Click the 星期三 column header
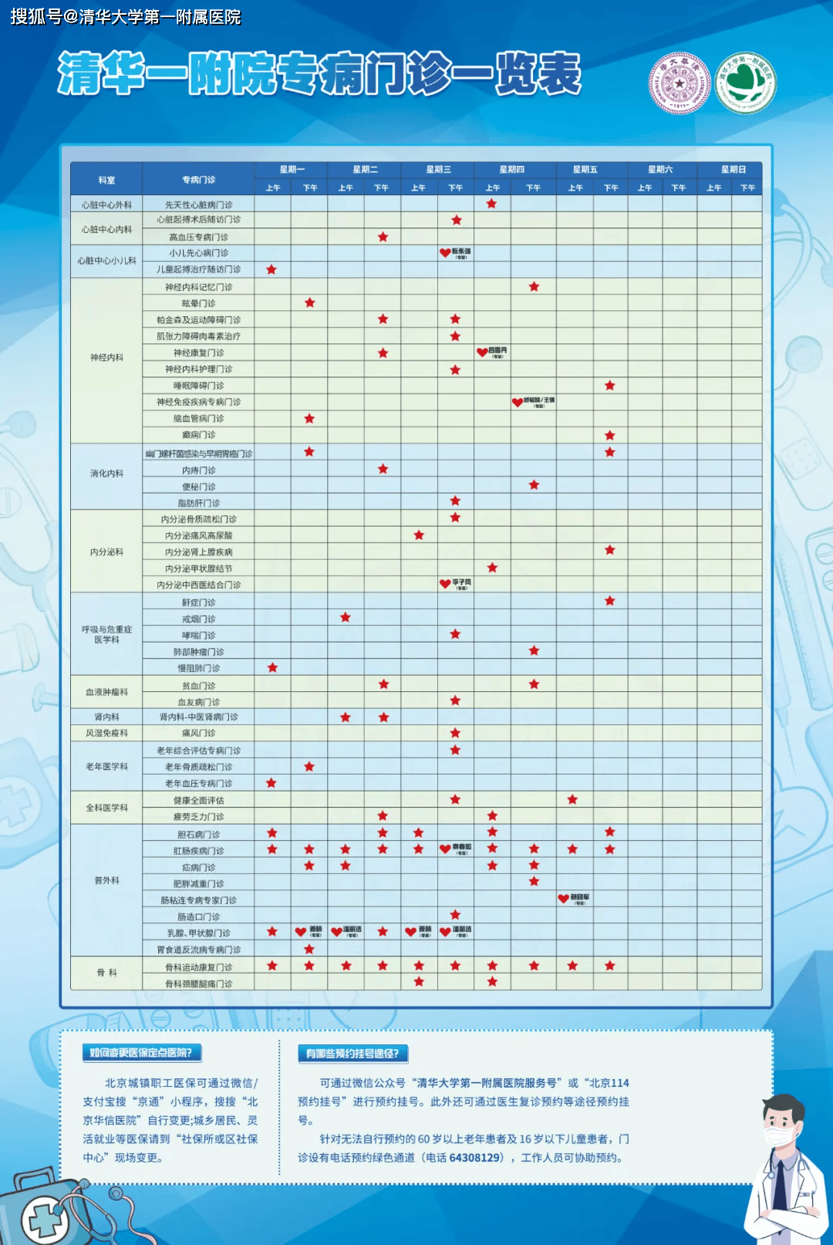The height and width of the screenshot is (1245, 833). (438, 170)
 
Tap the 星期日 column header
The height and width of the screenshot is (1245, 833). (733, 170)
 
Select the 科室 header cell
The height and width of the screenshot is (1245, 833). (106, 180)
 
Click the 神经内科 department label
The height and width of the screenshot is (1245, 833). (106, 357)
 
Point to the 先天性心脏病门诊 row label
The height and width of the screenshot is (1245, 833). (198, 205)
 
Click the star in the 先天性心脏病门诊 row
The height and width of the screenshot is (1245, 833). (491, 204)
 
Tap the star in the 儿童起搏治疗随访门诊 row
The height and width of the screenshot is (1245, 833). (271, 269)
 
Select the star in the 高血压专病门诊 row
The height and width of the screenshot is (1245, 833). (383, 237)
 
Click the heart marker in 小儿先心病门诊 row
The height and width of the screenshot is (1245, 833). (445, 252)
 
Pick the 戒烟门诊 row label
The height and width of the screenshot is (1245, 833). (198, 619)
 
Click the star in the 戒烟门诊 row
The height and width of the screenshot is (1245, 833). (346, 618)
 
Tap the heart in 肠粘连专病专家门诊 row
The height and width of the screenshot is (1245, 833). (563, 899)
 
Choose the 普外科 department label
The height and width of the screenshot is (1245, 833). (106, 880)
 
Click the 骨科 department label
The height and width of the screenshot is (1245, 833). (106, 973)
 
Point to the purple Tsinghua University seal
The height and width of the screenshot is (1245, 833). (679, 83)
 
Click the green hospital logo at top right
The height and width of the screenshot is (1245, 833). (745, 83)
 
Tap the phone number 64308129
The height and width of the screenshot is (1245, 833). (475, 1158)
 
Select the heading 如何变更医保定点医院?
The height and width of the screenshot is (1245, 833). (141, 1053)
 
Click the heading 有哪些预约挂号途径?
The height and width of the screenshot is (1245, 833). (352, 1054)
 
